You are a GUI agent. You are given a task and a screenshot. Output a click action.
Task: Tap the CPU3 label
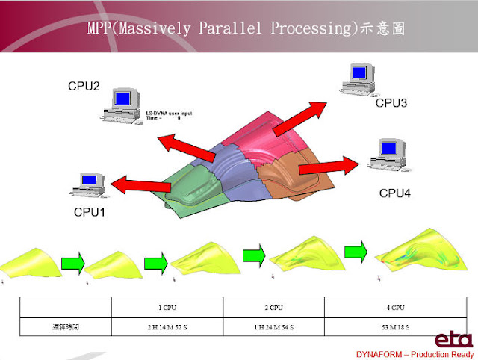tap(391, 103)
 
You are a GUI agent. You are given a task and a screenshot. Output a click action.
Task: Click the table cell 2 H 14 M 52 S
tap(167, 327)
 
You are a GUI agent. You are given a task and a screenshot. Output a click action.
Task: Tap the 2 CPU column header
tap(273, 306)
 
